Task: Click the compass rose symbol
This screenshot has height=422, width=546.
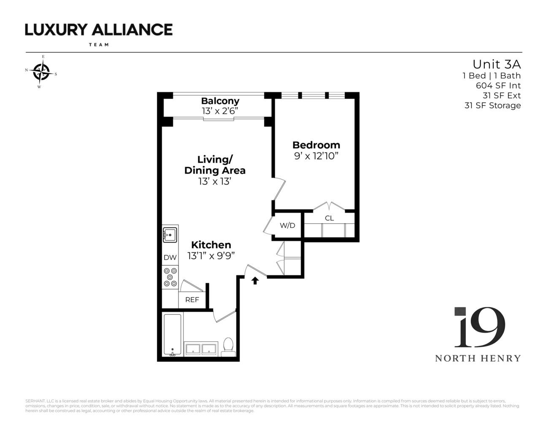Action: pos(41,72)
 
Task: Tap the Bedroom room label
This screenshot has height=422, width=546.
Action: pos(316,145)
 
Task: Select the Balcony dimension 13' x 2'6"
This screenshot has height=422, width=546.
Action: pos(220,111)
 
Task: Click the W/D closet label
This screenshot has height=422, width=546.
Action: pos(287,225)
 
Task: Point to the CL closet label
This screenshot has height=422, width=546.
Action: pos(329,218)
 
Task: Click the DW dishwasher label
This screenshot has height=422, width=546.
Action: pos(170,257)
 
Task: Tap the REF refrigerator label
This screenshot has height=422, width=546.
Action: pos(192,300)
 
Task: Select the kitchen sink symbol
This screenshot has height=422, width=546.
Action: pos(170,234)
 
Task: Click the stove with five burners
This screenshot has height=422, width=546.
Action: pos(170,277)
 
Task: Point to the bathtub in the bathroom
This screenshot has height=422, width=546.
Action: pos(172,335)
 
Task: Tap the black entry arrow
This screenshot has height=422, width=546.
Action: pos(255,281)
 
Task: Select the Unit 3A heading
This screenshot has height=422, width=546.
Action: pos(496,64)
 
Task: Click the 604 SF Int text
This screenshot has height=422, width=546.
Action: pos(498,85)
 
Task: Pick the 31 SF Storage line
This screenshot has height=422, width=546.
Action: pos(492,105)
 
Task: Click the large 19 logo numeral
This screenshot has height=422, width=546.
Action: pos(479,327)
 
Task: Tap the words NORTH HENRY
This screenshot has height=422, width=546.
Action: pos(478,358)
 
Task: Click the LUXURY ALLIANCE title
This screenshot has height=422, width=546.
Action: pos(99,30)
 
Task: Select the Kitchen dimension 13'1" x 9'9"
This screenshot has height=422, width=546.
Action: pos(211,256)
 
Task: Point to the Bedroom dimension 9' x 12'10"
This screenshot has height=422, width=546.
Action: pos(316,156)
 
